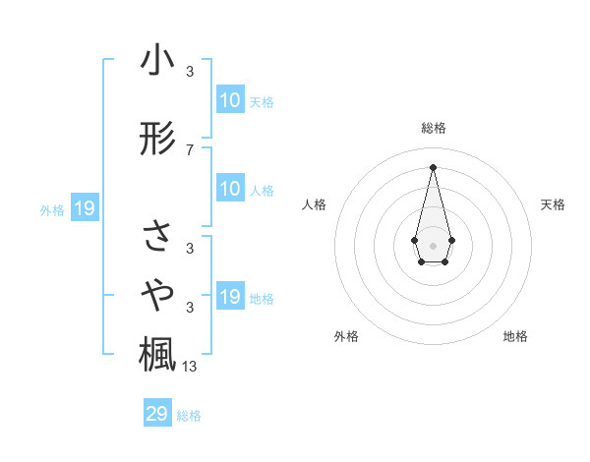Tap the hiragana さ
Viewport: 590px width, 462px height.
[x=157, y=236]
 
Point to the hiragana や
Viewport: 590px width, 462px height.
[x=157, y=293]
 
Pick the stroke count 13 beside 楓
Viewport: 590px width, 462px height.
[x=190, y=368]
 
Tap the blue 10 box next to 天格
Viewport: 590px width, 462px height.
[x=230, y=100]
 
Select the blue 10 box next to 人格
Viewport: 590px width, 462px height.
[x=230, y=189]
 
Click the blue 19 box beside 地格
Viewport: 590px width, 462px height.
[x=230, y=297]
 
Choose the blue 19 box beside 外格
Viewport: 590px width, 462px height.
[x=84, y=208]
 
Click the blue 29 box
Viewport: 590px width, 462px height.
[x=157, y=414]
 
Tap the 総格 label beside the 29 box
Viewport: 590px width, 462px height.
[x=189, y=416]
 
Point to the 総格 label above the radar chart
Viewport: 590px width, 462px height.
[x=433, y=129]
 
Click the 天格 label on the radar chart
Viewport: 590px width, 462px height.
[x=554, y=204]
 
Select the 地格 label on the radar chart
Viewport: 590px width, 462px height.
[x=515, y=337]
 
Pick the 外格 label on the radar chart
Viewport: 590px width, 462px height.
[x=346, y=337]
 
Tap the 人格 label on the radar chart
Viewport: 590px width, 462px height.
[x=315, y=204]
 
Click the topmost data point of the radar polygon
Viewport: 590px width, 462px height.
[x=433, y=166]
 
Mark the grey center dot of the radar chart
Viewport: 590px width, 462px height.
[x=433, y=244]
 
